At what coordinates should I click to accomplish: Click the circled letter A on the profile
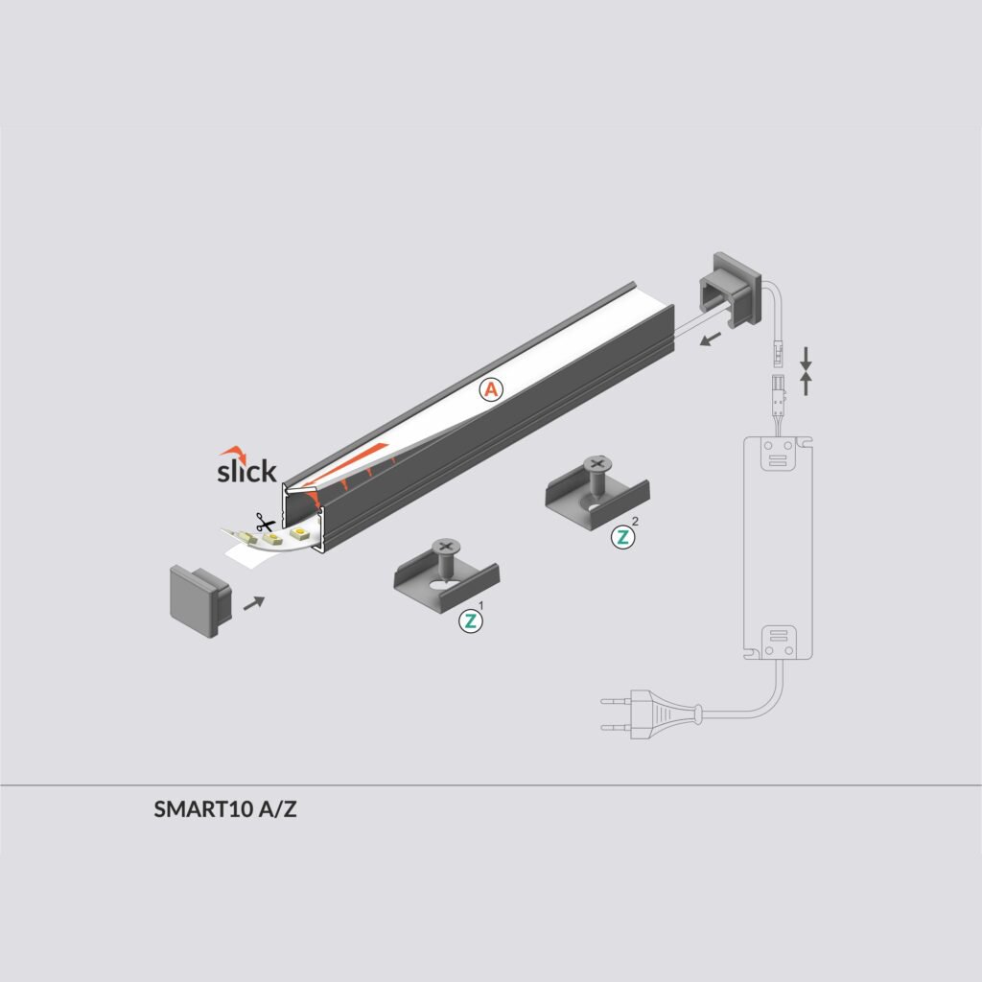491,389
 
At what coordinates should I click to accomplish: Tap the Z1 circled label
470,620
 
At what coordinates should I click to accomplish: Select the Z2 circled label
622,537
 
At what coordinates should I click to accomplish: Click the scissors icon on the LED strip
263,525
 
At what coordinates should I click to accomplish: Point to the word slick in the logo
246,471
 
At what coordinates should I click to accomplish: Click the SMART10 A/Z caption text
225,809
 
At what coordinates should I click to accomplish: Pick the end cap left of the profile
199,599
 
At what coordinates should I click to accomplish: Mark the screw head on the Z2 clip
596,466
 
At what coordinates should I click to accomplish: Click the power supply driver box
779,547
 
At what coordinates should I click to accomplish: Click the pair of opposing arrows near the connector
806,371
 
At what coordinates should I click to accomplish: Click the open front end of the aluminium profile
304,519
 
